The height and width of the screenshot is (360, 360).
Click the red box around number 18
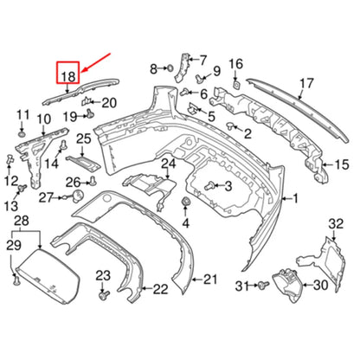[x=67, y=61]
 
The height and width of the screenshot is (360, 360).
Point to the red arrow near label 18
[x=96, y=62]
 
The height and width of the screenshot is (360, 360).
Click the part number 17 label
[x=306, y=83]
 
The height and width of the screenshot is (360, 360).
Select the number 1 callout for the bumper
[x=295, y=198]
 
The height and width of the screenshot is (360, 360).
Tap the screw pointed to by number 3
[x=209, y=186]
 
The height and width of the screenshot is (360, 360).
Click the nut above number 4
[x=185, y=201]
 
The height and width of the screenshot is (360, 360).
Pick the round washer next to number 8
[x=170, y=68]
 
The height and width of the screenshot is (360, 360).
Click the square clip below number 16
[x=237, y=85]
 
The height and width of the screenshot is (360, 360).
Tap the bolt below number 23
[x=104, y=295]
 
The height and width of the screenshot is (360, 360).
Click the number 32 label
[x=336, y=223]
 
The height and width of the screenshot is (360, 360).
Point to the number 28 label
[x=22, y=221]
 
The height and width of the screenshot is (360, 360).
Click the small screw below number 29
[x=16, y=280]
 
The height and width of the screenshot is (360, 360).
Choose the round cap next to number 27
[x=77, y=196]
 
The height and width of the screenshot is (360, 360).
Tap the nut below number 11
[x=22, y=135]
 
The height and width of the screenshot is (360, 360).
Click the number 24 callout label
[x=168, y=164]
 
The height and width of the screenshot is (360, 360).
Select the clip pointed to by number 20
[x=87, y=101]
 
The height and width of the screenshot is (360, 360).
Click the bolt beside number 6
[x=185, y=93]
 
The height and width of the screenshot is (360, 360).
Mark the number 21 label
[x=210, y=280]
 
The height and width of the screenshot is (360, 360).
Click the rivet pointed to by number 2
[x=231, y=125]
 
